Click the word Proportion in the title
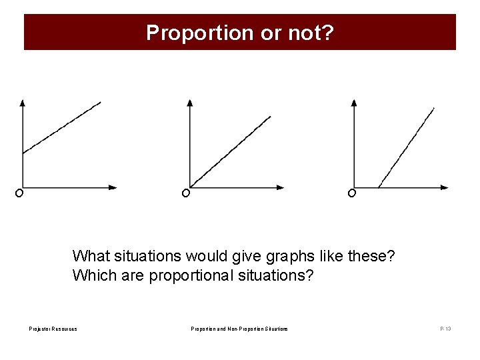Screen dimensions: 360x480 tap(200, 33)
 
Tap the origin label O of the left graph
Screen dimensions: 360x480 tap(19, 193)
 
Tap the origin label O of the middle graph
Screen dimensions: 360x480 tap(185, 193)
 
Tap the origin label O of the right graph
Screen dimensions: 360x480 tap(351, 193)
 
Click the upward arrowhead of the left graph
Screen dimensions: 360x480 tap(23, 103)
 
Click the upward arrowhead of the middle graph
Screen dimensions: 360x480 tap(190, 103)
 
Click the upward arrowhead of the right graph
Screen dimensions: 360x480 tap(354, 103)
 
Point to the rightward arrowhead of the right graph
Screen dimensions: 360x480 tap(445, 187)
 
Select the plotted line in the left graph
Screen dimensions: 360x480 tap(62, 127)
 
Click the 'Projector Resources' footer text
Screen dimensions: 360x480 tap(53, 329)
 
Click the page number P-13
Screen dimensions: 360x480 tap(445, 329)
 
